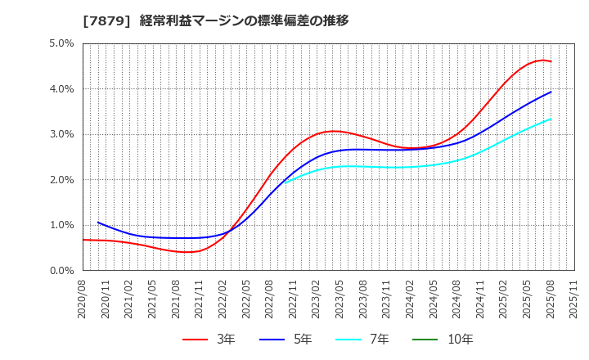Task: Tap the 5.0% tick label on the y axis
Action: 61,43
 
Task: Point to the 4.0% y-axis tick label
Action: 61,89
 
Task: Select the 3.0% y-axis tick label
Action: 61,134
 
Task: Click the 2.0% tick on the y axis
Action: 61,180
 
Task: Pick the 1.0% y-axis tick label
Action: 61,225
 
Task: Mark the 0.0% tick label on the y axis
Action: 61,271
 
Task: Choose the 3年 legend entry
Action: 208,340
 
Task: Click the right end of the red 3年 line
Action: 551,61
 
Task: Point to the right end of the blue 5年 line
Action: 551,92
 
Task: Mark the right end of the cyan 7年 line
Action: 551,119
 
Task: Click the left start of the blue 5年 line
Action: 98,223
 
